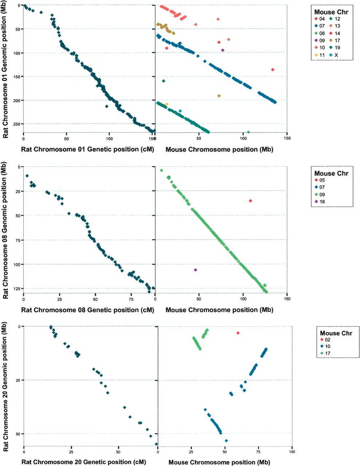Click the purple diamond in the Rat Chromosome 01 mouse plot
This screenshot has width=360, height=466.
click(x=223, y=50)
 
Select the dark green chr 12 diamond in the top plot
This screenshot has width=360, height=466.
click(x=164, y=81)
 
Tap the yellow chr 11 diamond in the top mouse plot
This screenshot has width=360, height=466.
click(x=167, y=104)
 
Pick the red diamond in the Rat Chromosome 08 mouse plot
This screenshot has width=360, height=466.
click(x=250, y=201)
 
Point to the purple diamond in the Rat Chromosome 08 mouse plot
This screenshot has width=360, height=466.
click(x=195, y=270)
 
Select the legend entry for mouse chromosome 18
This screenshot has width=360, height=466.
click(x=320, y=202)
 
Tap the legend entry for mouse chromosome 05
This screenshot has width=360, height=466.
click(x=320, y=180)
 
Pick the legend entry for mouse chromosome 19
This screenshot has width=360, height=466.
click(x=335, y=48)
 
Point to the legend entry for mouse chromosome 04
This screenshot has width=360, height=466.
click(x=320, y=19)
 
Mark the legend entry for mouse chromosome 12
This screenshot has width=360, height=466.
click(x=335, y=19)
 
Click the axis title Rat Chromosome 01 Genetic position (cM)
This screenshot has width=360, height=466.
click(x=87, y=150)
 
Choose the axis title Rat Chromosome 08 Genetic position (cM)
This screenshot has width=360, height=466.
click(x=87, y=310)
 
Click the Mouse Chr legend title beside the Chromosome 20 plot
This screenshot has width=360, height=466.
click(x=336, y=333)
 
